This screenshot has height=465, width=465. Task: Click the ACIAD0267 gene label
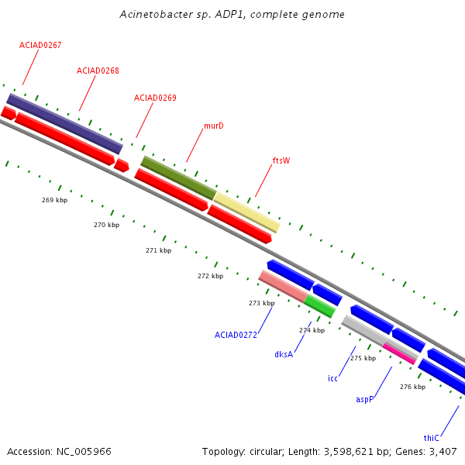tap(40, 45)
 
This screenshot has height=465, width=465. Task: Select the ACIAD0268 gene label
tap(98, 71)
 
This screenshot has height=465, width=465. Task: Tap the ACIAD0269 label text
tap(155, 98)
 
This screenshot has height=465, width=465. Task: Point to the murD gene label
tap(214, 126)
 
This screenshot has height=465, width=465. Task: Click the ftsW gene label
tap(281, 160)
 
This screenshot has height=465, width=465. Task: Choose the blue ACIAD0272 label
tap(236, 335)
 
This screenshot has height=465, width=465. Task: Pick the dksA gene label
tap(284, 354)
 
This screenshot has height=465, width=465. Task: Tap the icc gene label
tap(332, 379)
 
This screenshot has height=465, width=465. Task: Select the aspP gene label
tap(365, 399)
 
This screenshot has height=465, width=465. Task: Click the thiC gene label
tap(431, 438)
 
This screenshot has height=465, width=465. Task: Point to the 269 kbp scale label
tap(54, 200)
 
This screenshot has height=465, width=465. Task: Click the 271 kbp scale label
tap(158, 250)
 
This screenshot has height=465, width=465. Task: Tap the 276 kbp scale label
tap(412, 387)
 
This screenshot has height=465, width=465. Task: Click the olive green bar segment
tap(179, 178)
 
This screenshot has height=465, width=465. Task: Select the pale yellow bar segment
tap(247, 212)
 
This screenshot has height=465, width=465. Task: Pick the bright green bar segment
tap(319, 306)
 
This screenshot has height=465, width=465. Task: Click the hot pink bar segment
tap(399, 354)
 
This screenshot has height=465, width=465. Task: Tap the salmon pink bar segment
tap(283, 287)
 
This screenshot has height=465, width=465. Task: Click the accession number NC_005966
tap(84, 452)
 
